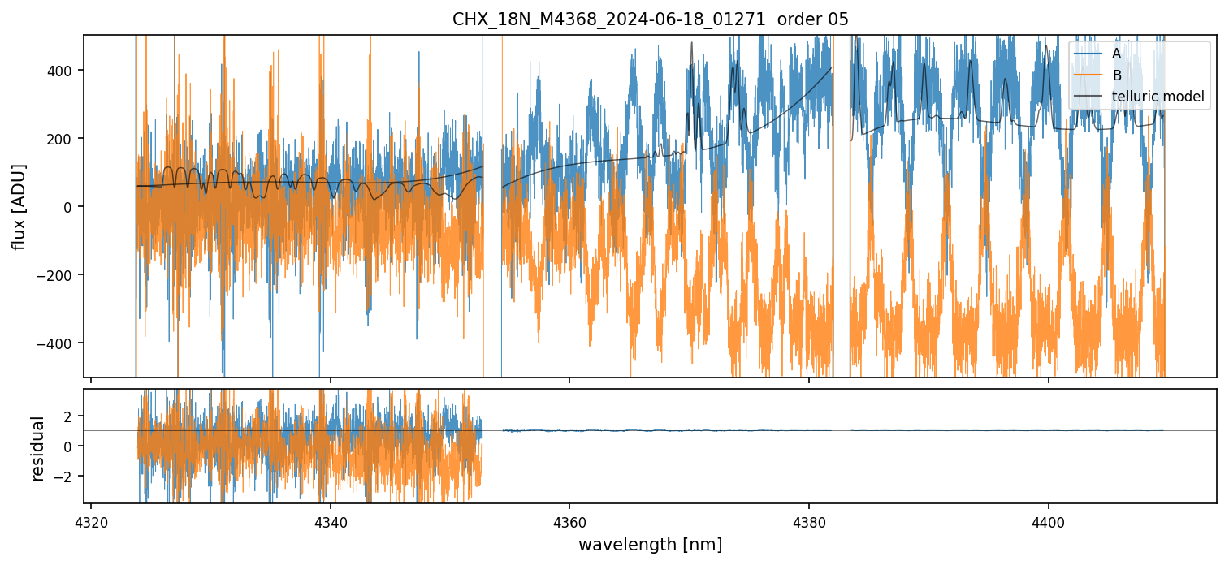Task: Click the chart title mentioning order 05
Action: [x=650, y=20]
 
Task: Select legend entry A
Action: [x=1116, y=54]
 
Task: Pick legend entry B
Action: [x=1116, y=75]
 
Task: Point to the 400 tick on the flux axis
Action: [x=63, y=71]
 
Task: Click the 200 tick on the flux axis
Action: [x=63, y=139]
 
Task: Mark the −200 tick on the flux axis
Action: [x=60, y=275]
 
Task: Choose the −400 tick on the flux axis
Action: [x=60, y=343]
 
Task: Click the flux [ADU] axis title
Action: [x=19, y=206]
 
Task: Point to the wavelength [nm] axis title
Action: [x=650, y=544]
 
